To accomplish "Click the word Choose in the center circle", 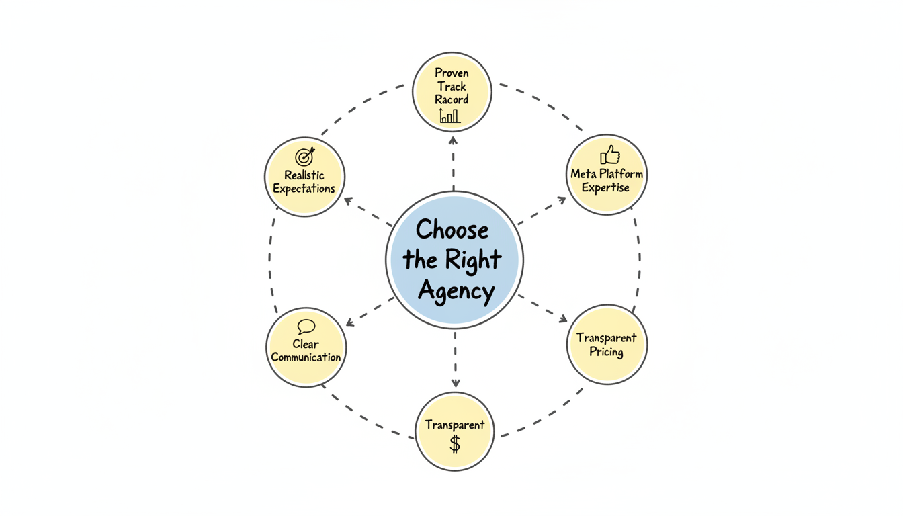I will pyautogui.click(x=451, y=230).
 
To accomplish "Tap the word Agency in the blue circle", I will pyautogui.click(x=456, y=292).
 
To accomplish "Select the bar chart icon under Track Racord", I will pyautogui.click(x=449, y=116).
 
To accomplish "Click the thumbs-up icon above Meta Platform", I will pyautogui.click(x=609, y=155).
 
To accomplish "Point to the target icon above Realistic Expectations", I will pyautogui.click(x=305, y=157).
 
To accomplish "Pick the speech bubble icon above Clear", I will pyautogui.click(x=306, y=327).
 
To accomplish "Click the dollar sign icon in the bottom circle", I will pyautogui.click(x=455, y=444).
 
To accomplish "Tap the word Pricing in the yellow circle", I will pyautogui.click(x=606, y=352).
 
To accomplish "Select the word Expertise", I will pyautogui.click(x=605, y=188).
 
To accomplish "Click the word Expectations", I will pyautogui.click(x=304, y=189).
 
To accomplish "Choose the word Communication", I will pyautogui.click(x=306, y=357).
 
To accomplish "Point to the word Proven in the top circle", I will pyautogui.click(x=451, y=73).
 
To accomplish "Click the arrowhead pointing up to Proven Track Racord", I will pyautogui.click(x=453, y=140).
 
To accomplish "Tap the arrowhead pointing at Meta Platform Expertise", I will pyautogui.click(x=562, y=200).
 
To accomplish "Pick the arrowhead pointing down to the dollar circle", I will pyautogui.click(x=456, y=383).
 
